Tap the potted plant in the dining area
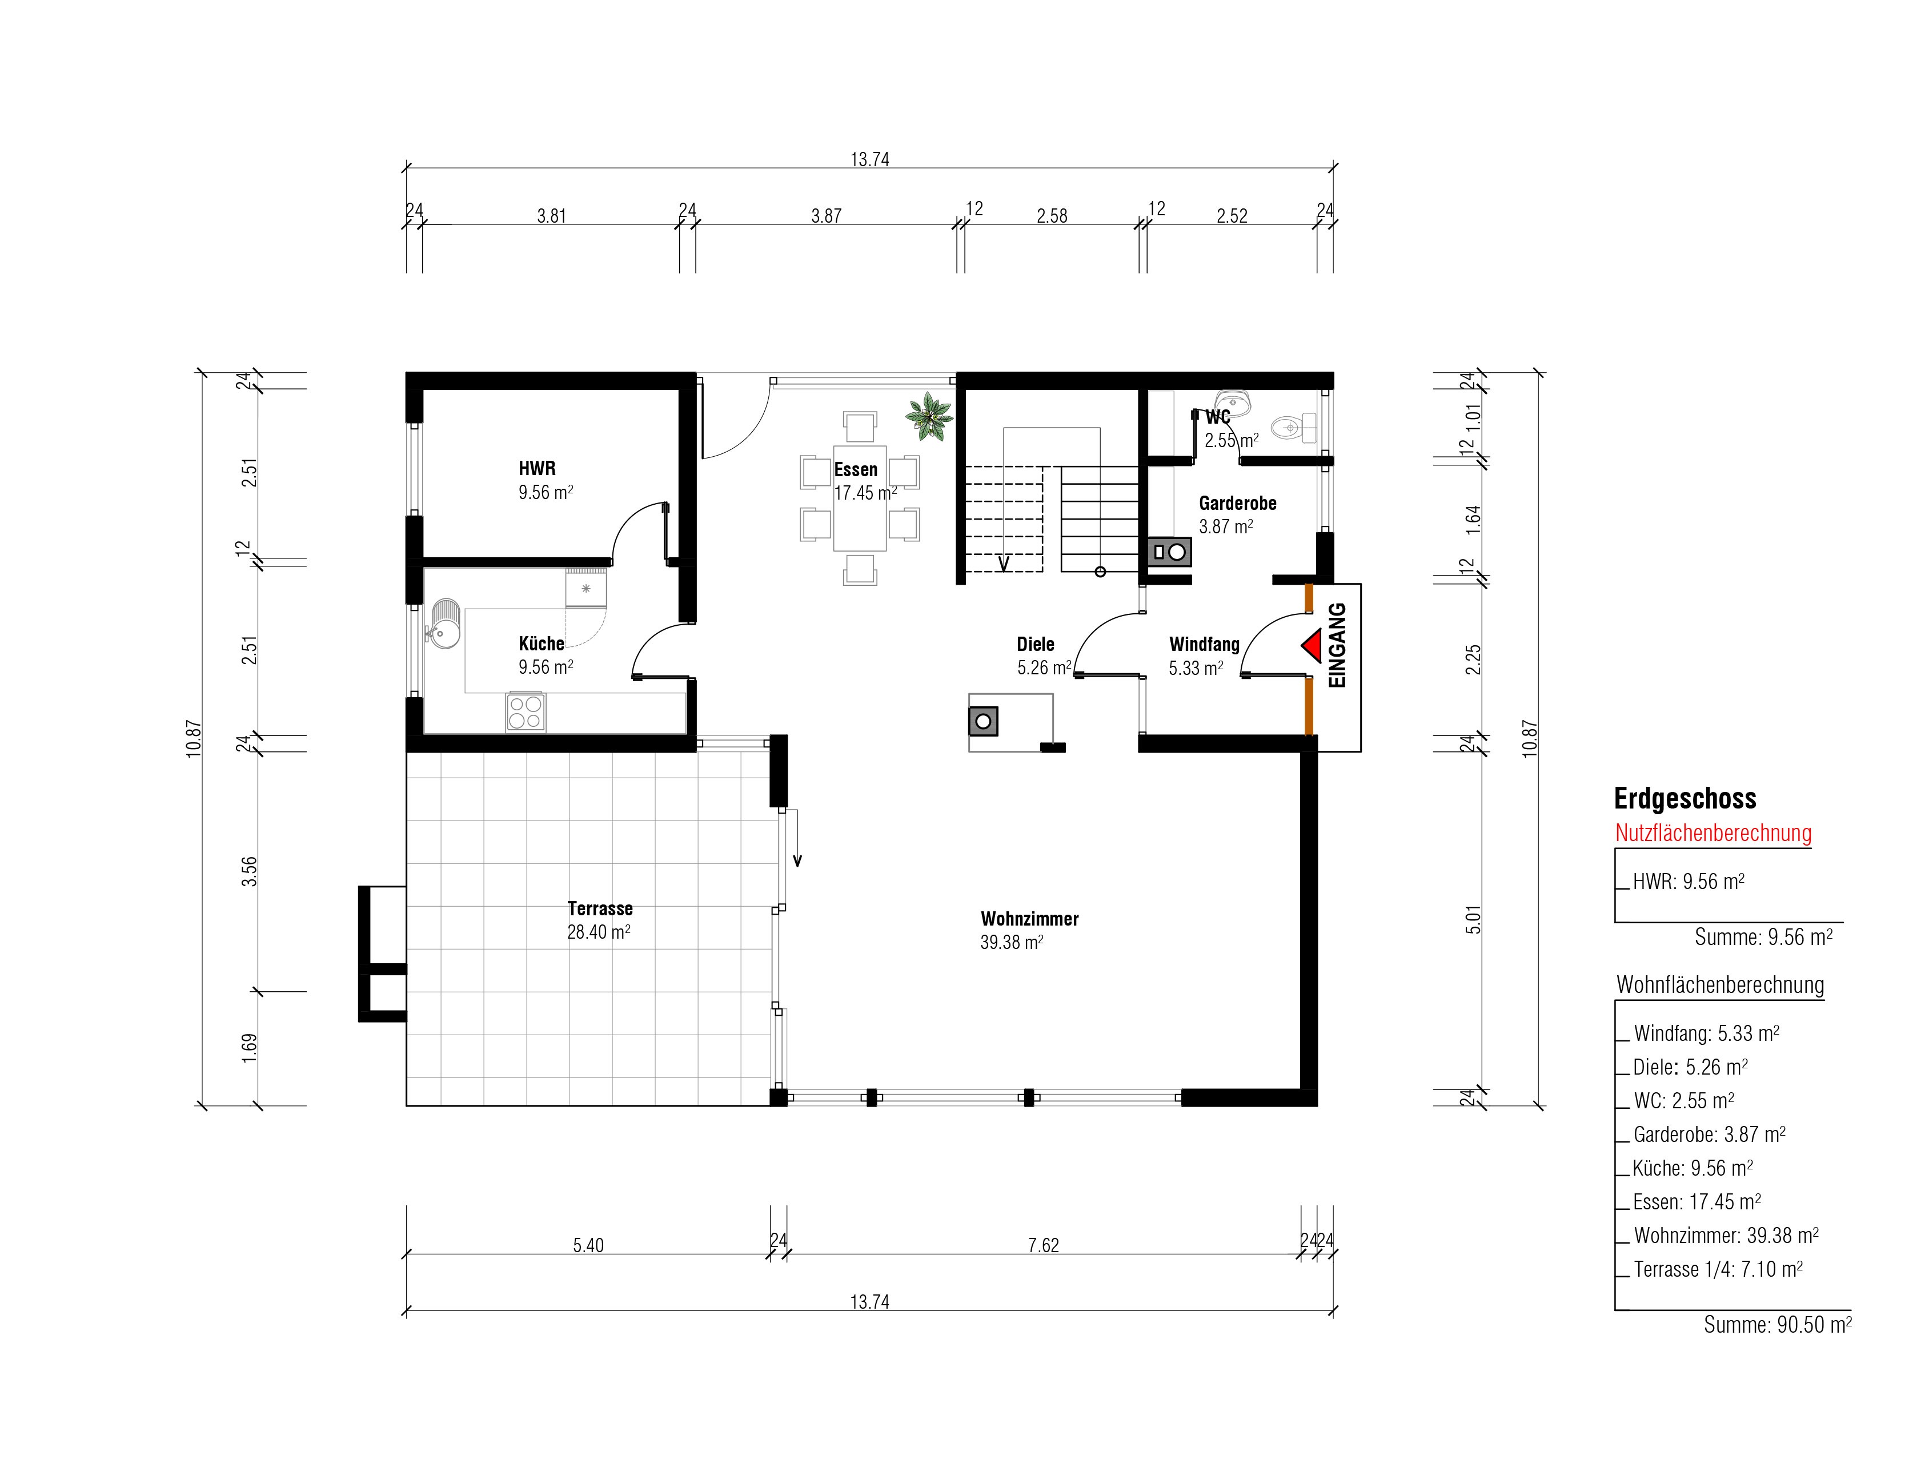pos(929,417)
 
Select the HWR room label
pos(537,468)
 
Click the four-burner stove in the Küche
pos(526,711)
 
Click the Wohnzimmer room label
pos(1029,919)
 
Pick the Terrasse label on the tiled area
pos(600,908)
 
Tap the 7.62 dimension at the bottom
pos(1043,1245)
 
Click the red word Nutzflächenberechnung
pos(1713,832)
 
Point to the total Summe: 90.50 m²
pos(1777,1325)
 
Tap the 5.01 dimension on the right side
pos(1473,920)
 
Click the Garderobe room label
pos(1237,503)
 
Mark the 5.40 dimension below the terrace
pos(588,1245)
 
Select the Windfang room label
pos(1204,645)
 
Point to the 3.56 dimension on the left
pos(250,872)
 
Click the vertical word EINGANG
pos(1337,645)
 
